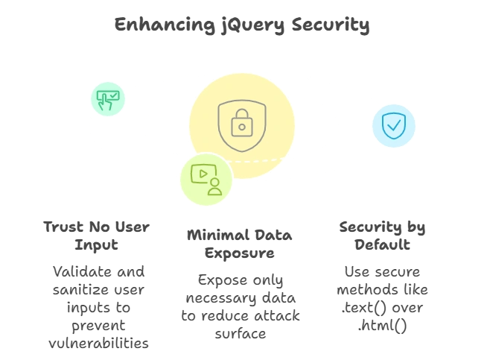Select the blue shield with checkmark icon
click(x=393, y=126)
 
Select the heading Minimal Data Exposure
click(x=241, y=245)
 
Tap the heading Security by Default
click(x=382, y=236)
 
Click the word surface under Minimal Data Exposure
click(x=241, y=334)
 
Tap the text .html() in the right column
click(x=382, y=325)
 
